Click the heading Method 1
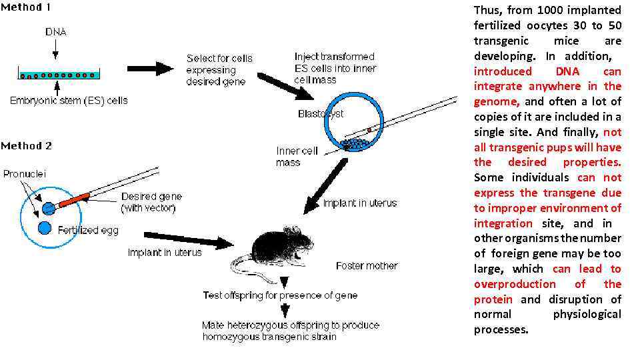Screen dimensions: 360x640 coord(25,8)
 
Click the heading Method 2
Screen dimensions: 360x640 coord(26,146)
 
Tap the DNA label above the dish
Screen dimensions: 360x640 coord(56,31)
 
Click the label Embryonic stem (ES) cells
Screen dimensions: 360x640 coord(69,101)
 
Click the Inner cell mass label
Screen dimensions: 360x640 coord(297,156)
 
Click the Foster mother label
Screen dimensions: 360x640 coord(367,265)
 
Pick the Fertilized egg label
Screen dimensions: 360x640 coord(88,231)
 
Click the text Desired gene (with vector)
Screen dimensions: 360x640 coord(151,203)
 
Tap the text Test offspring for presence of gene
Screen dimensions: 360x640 coord(280,295)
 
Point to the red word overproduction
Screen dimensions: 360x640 coord(515,284)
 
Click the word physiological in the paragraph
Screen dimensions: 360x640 coord(587,314)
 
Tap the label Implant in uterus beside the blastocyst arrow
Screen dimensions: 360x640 coord(360,203)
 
